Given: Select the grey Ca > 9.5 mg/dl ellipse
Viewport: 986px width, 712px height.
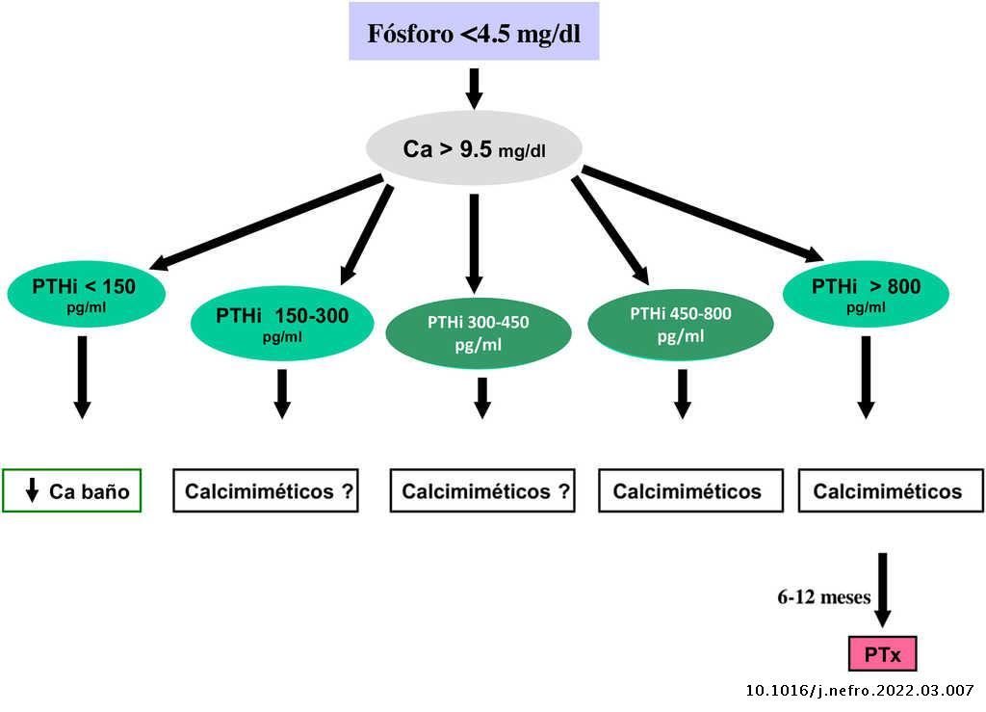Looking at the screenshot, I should point(474,149).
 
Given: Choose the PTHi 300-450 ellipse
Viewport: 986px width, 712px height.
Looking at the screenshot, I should point(479,332).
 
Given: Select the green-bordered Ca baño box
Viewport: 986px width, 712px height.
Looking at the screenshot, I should point(72,491).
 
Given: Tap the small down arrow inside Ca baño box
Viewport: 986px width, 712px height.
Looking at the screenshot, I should point(32,491).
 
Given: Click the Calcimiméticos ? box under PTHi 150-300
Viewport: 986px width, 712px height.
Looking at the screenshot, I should point(266,491).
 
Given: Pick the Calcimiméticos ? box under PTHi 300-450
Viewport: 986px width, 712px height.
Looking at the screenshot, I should point(482,491).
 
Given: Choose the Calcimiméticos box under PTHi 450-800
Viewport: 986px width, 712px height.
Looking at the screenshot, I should point(688,491).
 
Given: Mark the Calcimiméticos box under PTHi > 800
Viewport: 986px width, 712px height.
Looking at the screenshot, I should point(887,491).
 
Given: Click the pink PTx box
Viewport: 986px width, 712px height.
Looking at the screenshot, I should point(882,654).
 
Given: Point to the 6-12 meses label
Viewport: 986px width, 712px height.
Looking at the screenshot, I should point(824,597).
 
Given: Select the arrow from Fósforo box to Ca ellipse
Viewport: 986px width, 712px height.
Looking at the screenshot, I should point(474,87).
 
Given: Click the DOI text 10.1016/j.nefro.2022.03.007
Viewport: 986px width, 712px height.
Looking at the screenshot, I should point(861,691).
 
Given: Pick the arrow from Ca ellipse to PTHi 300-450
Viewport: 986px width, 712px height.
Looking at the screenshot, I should point(474,241).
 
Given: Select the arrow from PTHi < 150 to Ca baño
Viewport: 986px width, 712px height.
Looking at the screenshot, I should point(82,376).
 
